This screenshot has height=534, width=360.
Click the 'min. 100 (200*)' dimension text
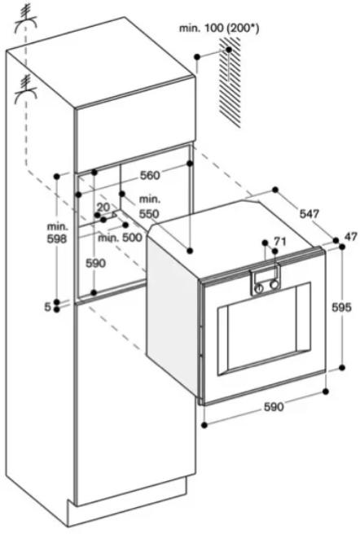(219, 28)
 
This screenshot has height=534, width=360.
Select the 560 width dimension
(150, 175)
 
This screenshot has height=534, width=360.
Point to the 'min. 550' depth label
(149, 207)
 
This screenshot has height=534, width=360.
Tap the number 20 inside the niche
(103, 207)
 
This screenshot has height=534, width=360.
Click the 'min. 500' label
(120, 238)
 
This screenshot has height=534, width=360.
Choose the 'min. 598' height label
(57, 232)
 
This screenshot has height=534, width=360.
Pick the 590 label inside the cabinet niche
(95, 263)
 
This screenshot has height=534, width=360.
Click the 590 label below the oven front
(274, 406)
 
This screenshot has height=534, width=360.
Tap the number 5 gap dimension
(48, 307)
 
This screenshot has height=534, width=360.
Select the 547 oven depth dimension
(310, 214)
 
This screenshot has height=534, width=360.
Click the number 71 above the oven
(279, 242)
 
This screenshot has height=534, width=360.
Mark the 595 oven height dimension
(341, 307)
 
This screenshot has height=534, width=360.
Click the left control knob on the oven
(260, 288)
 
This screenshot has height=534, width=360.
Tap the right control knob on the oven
(274, 285)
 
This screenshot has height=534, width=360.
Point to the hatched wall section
(230, 82)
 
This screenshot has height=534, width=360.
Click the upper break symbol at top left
(24, 20)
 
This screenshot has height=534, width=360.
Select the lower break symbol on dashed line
(25, 90)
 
